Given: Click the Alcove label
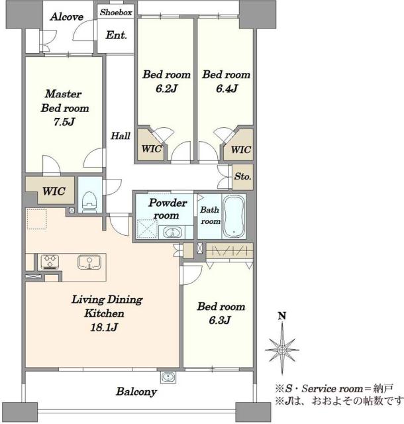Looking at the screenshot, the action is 67,17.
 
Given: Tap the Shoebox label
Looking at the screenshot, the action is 116,12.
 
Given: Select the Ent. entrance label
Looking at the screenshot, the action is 117,35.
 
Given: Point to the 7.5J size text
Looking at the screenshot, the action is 64,122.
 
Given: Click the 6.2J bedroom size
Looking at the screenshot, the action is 166,88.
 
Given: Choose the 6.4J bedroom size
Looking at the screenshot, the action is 227,88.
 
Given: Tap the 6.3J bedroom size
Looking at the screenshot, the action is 220,320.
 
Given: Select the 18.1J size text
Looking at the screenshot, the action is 104,327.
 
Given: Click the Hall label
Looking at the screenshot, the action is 121,135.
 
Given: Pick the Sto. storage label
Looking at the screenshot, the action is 243,176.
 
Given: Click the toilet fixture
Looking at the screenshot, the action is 89,202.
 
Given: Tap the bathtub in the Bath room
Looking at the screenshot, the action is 234,216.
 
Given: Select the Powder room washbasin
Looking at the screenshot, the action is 172,233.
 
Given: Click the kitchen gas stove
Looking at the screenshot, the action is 50,262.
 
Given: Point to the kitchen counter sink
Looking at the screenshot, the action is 89,262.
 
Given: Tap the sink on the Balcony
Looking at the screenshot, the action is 168,377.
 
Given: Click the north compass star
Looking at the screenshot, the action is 282,350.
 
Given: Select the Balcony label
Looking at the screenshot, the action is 136,392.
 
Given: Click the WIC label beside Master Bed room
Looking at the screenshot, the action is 54,191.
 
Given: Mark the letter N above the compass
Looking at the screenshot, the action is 282,316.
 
